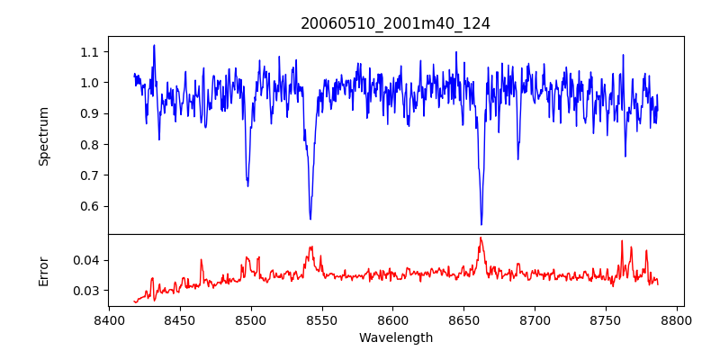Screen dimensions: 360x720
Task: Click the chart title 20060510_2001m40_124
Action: tap(395, 23)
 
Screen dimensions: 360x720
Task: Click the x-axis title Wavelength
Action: tap(395, 337)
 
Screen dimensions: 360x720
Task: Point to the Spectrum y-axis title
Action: tap(43, 136)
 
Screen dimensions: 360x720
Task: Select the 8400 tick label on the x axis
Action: tap(109, 319)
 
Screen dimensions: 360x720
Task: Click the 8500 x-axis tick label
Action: tap(251, 319)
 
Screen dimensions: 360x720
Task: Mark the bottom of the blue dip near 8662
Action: tap(481, 224)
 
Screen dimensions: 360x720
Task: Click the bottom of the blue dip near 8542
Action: tap(310, 219)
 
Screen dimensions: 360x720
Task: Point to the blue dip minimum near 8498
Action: tap(247, 185)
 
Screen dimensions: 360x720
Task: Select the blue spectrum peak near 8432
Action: tap(154, 45)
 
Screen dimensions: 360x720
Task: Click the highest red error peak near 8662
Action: tap(481, 238)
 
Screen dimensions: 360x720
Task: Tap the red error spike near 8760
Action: tap(621, 241)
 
